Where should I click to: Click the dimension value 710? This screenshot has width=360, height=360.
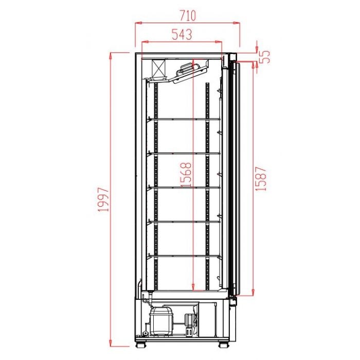pos(187,14)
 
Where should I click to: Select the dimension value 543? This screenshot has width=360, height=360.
pos(182,34)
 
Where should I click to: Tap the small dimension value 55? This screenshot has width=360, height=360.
pos(265,56)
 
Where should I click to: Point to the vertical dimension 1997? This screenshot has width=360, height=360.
pos(104,200)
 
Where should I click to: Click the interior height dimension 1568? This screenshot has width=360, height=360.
pos(187,175)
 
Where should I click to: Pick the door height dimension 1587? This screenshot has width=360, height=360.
pos(262,178)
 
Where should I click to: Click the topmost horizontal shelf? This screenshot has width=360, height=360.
pos(185,119)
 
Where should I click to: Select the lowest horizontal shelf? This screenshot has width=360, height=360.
pos(185,256)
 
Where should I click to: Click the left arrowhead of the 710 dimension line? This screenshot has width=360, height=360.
pos(137,23)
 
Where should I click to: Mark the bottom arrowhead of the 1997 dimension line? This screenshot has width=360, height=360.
pos(111,344)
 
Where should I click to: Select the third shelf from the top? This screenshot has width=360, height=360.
pos(185,188)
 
